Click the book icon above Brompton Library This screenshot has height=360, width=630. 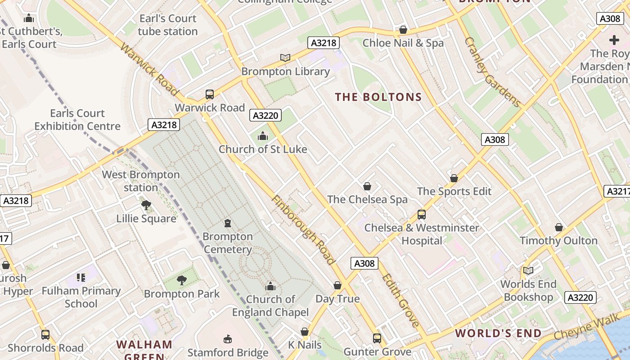(x=285, y=58)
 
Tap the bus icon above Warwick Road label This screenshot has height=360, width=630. (x=210, y=94)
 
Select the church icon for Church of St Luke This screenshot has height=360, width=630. (x=263, y=136)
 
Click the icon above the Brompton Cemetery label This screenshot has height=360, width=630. (x=228, y=223)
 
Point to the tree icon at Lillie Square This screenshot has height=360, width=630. (x=146, y=206)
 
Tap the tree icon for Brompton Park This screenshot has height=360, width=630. (x=182, y=281)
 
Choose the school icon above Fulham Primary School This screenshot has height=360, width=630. (x=81, y=278)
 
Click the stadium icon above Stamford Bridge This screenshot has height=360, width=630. (x=228, y=339)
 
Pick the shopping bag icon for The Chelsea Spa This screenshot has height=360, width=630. (x=367, y=186)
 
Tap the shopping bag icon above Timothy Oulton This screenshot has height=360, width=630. (x=558, y=228)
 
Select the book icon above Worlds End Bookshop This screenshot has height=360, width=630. (x=528, y=271)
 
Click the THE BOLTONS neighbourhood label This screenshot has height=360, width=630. (x=378, y=97)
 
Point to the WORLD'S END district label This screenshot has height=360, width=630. (x=498, y=333)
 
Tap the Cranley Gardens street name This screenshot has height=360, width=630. (x=492, y=72)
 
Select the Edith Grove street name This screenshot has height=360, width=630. (x=401, y=300)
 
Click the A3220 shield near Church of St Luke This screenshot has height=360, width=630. (x=265, y=116)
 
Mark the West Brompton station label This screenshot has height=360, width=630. (x=141, y=181)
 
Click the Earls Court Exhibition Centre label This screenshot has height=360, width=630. (x=77, y=120)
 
